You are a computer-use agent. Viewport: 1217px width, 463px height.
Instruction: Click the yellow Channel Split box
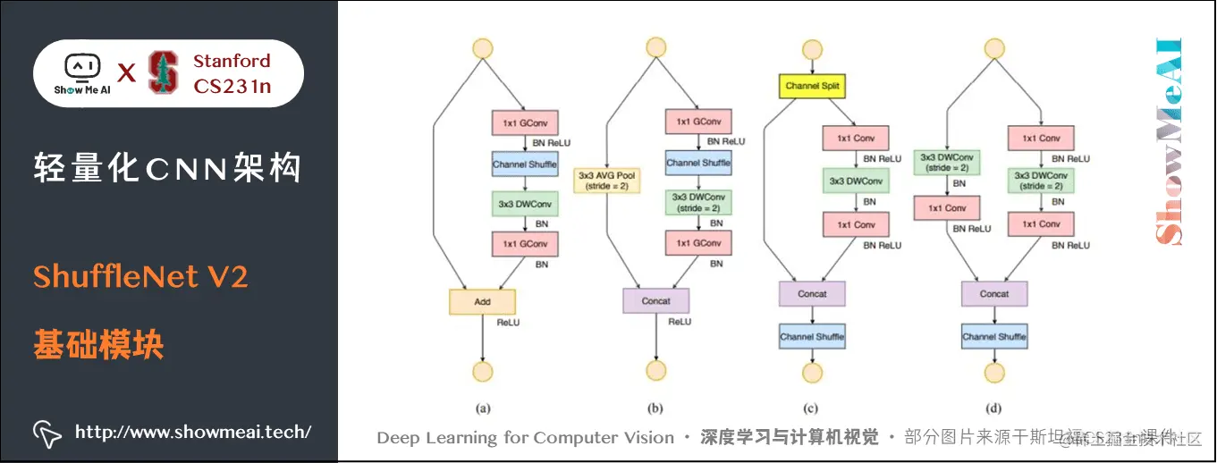click(x=814, y=86)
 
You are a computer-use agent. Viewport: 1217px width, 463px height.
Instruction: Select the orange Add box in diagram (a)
click(x=482, y=301)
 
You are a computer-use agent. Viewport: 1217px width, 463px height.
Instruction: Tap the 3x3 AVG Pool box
click(x=606, y=181)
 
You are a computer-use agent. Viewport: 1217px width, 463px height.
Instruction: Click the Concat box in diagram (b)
click(x=655, y=301)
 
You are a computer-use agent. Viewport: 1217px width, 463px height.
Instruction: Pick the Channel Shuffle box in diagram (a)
click(x=524, y=164)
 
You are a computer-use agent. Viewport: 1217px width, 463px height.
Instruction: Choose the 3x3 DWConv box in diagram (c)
click(x=856, y=181)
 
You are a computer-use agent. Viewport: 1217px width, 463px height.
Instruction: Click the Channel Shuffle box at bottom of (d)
click(x=993, y=337)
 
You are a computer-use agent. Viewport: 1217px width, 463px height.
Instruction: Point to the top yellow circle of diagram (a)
click(x=483, y=48)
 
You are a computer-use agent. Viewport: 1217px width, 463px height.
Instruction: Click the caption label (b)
click(x=655, y=408)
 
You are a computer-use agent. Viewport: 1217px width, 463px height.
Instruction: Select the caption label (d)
click(x=993, y=408)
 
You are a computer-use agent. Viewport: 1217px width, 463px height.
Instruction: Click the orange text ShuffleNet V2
click(x=140, y=277)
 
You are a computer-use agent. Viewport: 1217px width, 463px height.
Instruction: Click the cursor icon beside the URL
click(x=46, y=433)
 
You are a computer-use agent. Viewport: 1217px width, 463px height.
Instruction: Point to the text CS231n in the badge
click(x=232, y=86)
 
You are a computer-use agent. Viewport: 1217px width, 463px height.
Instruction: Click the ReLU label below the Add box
click(x=508, y=322)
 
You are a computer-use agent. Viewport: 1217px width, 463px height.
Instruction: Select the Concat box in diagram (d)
click(x=993, y=293)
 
